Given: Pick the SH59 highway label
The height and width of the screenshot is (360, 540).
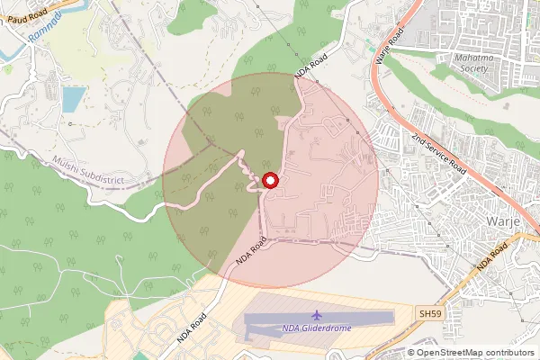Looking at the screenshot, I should pyautogui.click(x=431, y=312).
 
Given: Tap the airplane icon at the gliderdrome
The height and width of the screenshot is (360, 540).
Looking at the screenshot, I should pyautogui.click(x=317, y=314).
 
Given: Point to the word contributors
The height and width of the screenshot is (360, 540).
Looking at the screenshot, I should pyautogui.click(x=510, y=352).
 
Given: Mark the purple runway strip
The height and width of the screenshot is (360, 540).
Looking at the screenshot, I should pyautogui.click(x=319, y=320).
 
